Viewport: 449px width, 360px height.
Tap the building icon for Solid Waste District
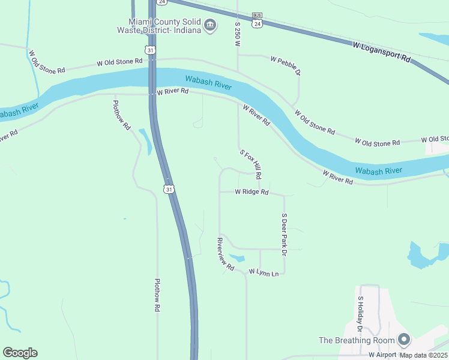click(x=209, y=25)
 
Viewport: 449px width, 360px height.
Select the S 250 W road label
click(x=238, y=35)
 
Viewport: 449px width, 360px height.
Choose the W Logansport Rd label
click(x=381, y=53)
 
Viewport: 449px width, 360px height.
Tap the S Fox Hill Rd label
click(x=251, y=165)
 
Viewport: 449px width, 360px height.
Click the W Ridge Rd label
click(x=251, y=192)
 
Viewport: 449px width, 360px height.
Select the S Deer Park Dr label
click(x=284, y=235)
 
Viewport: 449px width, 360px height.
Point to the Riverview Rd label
click(x=226, y=254)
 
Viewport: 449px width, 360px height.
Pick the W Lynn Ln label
click(x=264, y=274)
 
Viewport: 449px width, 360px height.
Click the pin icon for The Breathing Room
click(x=404, y=340)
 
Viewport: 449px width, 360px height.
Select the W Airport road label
click(x=382, y=355)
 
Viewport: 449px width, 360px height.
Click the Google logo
click(x=20, y=353)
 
